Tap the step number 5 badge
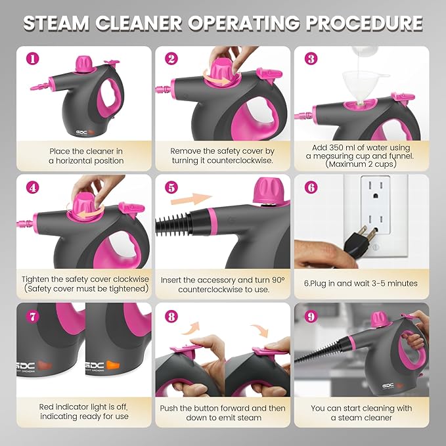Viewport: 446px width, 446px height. click(x=171, y=187)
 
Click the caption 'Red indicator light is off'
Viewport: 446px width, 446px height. click(x=79, y=408)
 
